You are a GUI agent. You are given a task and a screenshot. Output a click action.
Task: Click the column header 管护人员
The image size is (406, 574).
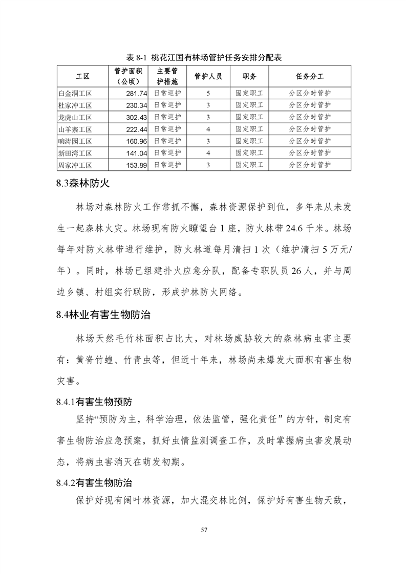(208, 76)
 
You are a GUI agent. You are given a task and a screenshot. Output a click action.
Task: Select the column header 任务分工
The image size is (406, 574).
(310, 76)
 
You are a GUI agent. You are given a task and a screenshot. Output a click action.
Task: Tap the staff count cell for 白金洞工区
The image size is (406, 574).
(208, 93)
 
